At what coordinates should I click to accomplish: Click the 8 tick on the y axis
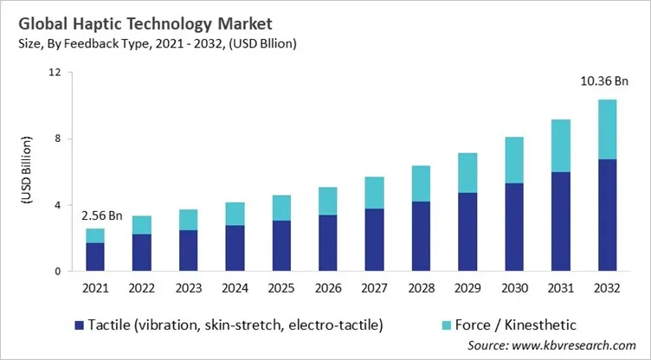[x=56, y=139]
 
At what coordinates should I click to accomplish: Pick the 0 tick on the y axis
[x=56, y=272]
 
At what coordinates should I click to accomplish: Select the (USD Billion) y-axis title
[x=26, y=172]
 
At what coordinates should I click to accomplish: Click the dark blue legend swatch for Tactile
[x=81, y=325]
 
